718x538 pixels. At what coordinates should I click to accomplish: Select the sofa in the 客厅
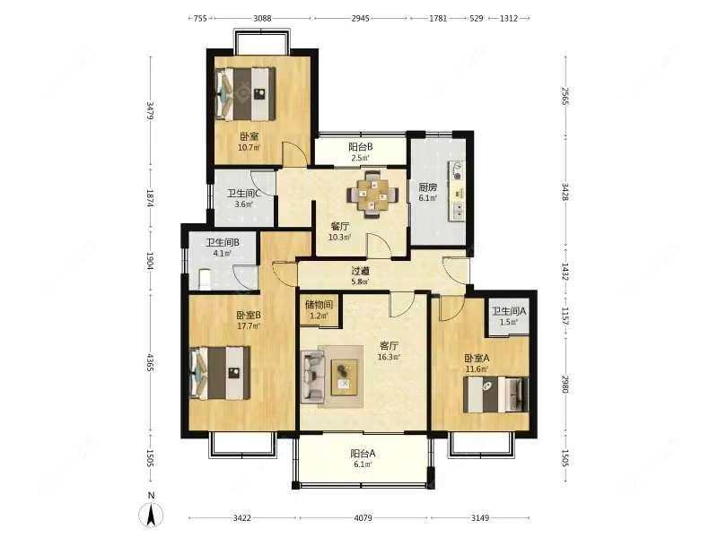pyautogui.click(x=312, y=376)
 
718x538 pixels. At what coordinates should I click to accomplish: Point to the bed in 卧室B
pyautogui.click(x=220, y=372)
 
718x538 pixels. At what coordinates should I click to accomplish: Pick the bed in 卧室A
pyautogui.click(x=495, y=395)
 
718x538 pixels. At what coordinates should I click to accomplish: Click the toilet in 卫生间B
pyautogui.click(x=205, y=280)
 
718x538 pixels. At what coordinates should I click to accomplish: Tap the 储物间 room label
pyautogui.click(x=319, y=305)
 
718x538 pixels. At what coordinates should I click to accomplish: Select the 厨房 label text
pyautogui.click(x=428, y=187)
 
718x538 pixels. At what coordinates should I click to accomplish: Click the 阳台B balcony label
pyautogui.click(x=361, y=147)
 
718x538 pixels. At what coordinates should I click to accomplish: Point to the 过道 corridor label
pyautogui.click(x=361, y=272)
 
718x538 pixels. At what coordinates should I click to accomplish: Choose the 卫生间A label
pyautogui.click(x=509, y=311)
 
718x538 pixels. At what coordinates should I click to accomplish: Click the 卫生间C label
pyautogui.click(x=244, y=194)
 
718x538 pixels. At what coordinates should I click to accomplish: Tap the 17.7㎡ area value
pyautogui.click(x=249, y=326)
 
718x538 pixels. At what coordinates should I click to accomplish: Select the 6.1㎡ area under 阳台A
pyautogui.click(x=363, y=464)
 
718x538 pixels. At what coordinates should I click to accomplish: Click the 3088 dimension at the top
pyautogui.click(x=262, y=18)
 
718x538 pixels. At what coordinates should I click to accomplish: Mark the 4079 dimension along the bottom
pyautogui.click(x=363, y=518)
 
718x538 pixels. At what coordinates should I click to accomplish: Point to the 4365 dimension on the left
pyautogui.click(x=150, y=362)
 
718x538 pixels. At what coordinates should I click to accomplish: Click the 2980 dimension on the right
pyautogui.click(x=565, y=385)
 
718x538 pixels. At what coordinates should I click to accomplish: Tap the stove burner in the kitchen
pyautogui.click(x=457, y=175)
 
